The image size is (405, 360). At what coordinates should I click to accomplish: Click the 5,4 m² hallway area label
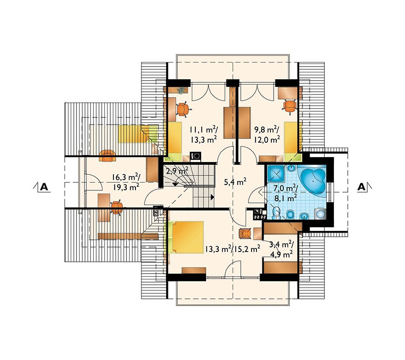tap(234, 182)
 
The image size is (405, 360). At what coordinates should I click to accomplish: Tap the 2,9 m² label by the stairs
tap(177, 171)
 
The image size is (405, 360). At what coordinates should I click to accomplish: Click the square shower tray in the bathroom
tap(275, 173)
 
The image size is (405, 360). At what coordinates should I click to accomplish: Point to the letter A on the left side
tap(44, 187)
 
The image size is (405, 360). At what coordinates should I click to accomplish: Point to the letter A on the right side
tap(361, 187)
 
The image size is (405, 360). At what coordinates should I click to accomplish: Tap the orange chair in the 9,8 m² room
tap(289, 106)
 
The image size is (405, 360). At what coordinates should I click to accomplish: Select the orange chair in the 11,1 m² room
tap(183, 109)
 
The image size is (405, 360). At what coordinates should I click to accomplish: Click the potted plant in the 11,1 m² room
tap(181, 90)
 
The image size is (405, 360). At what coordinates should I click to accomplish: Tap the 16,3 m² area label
tap(126, 182)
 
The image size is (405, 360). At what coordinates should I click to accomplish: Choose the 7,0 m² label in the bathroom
tap(286, 193)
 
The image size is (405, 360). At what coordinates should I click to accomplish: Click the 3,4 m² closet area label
tap(281, 248)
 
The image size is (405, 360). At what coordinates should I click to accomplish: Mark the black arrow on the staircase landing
tap(212, 197)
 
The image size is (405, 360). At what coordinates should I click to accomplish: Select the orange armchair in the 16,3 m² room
tap(108, 156)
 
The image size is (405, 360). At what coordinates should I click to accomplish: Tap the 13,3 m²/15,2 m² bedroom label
tap(233, 249)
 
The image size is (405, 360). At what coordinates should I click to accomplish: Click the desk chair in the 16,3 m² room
tap(117, 207)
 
